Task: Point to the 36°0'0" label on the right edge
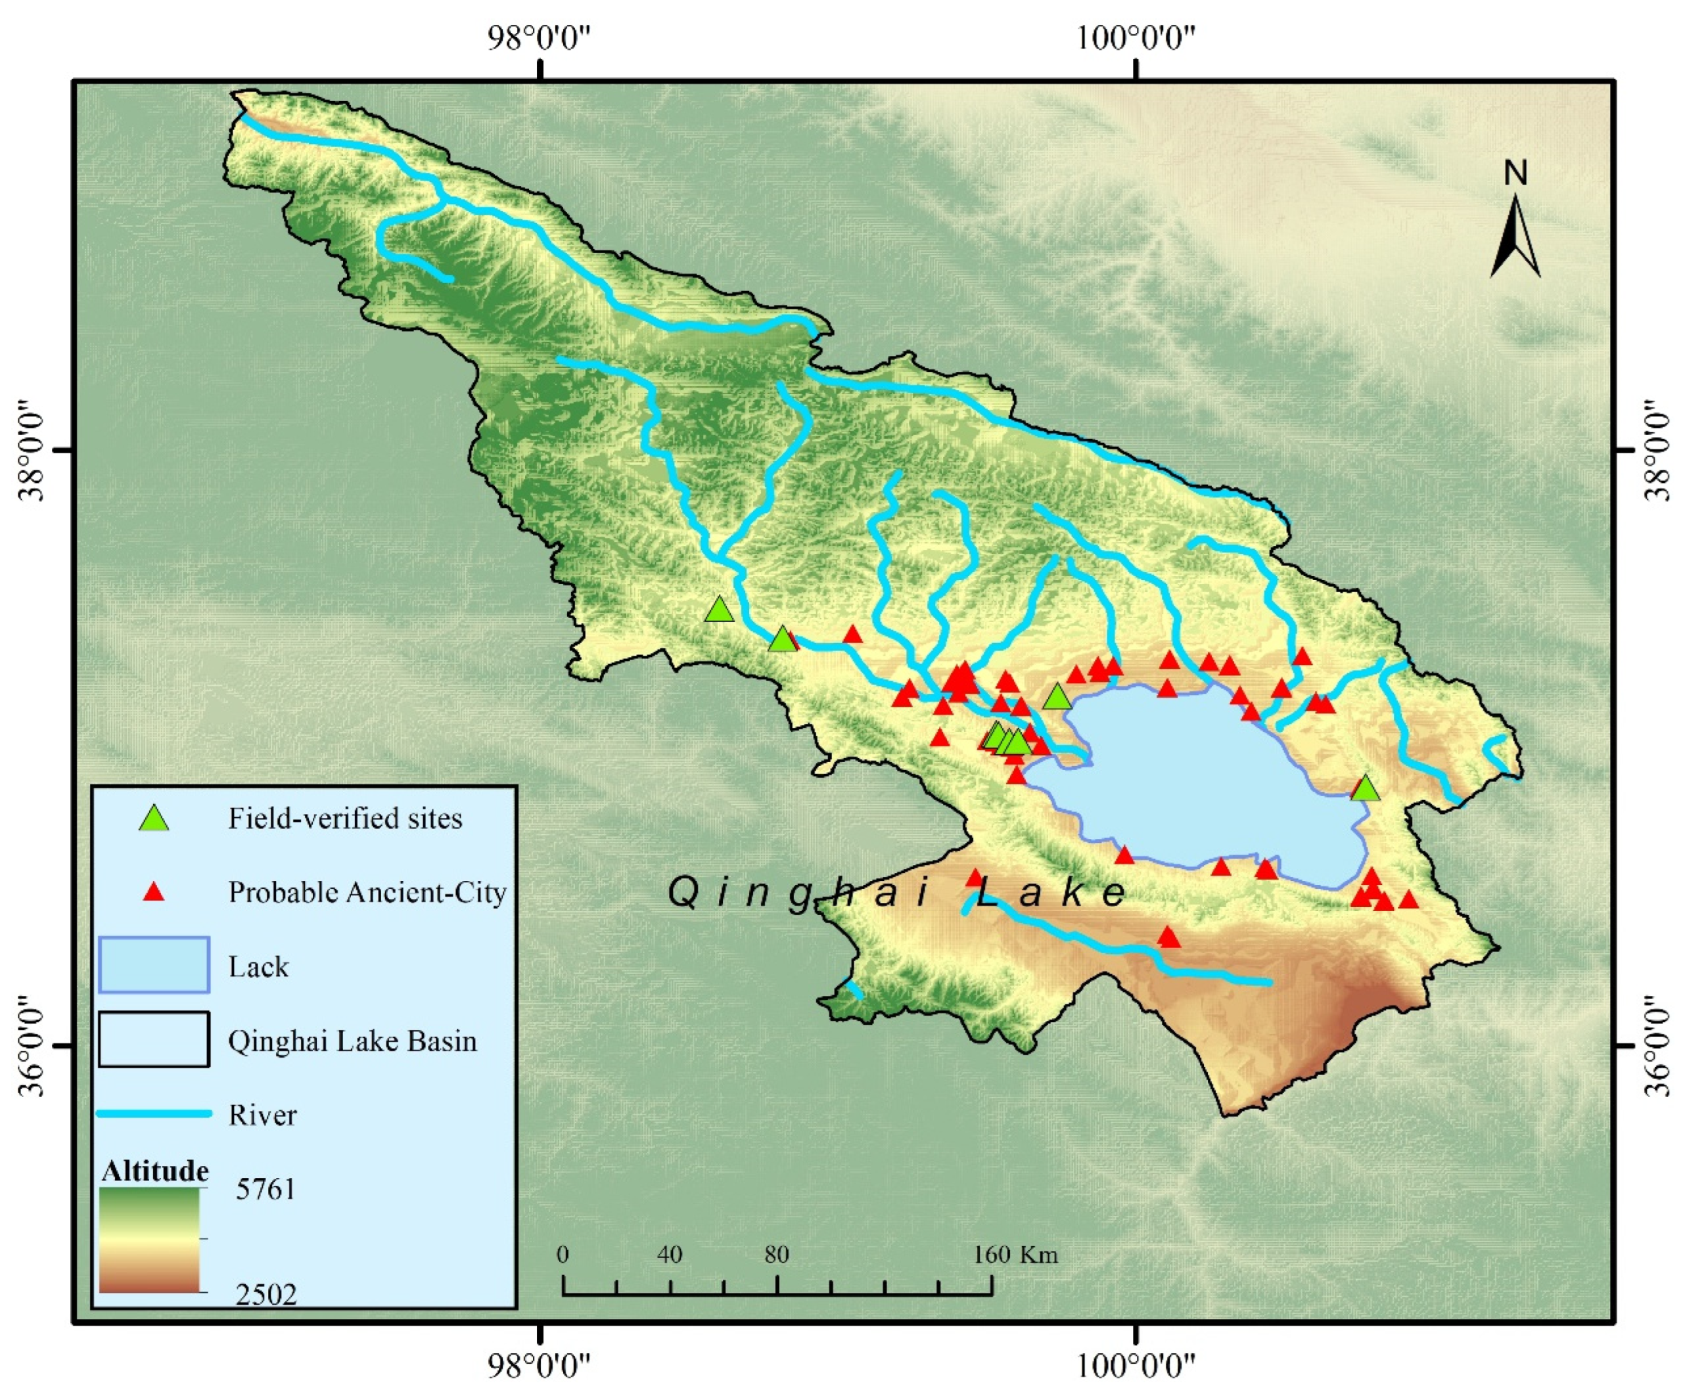[1656, 1046]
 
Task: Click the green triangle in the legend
[154, 818]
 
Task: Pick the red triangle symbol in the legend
[154, 891]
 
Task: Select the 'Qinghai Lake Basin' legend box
[154, 1039]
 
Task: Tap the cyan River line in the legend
[154, 1113]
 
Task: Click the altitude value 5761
[265, 1189]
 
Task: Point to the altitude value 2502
[265, 1294]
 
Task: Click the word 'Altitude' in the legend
[155, 1171]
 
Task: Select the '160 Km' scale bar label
[1016, 1254]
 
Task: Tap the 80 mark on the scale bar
[777, 1254]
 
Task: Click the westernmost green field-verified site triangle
[720, 610]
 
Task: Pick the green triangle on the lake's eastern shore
[1366, 789]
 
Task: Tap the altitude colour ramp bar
[150, 1240]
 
